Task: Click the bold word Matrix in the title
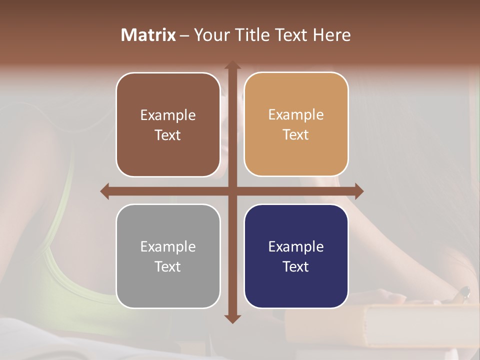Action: [148, 35]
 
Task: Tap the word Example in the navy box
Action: [296, 246]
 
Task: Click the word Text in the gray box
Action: [168, 266]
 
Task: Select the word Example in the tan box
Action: [296, 115]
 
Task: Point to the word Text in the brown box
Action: [168, 135]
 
